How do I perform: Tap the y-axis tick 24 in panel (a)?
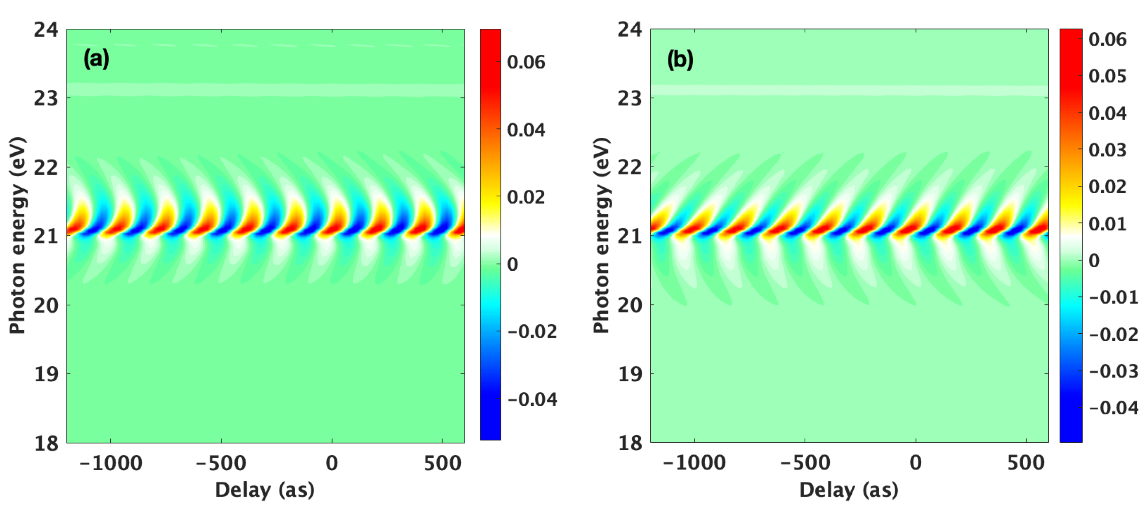[x=46, y=30]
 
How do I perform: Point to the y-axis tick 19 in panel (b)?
[x=630, y=374]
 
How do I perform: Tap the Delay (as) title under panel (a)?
[x=265, y=490]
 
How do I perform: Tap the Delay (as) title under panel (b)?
[x=849, y=490]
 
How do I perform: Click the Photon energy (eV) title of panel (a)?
[x=18, y=235]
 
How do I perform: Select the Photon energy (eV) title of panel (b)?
[x=601, y=235]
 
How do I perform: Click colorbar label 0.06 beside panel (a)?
[x=526, y=63]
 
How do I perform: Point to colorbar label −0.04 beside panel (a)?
[x=532, y=399]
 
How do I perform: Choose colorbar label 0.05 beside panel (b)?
[x=1107, y=76]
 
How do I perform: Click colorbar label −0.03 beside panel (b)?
[x=1113, y=371]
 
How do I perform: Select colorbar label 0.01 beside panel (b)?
[x=1107, y=224]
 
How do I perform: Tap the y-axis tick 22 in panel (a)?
[x=46, y=168]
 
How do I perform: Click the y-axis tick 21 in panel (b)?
[x=630, y=236]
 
